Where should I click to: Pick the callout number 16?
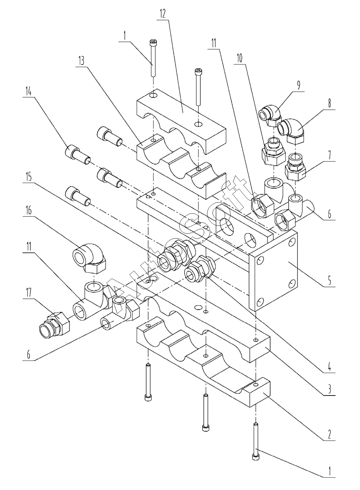[x=29, y=210]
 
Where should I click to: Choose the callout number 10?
[x=239, y=58]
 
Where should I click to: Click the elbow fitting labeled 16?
[x=89, y=258]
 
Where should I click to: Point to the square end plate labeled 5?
[x=273, y=271]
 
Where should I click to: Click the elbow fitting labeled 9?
[x=270, y=115]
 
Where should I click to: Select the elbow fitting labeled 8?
[x=291, y=131]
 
